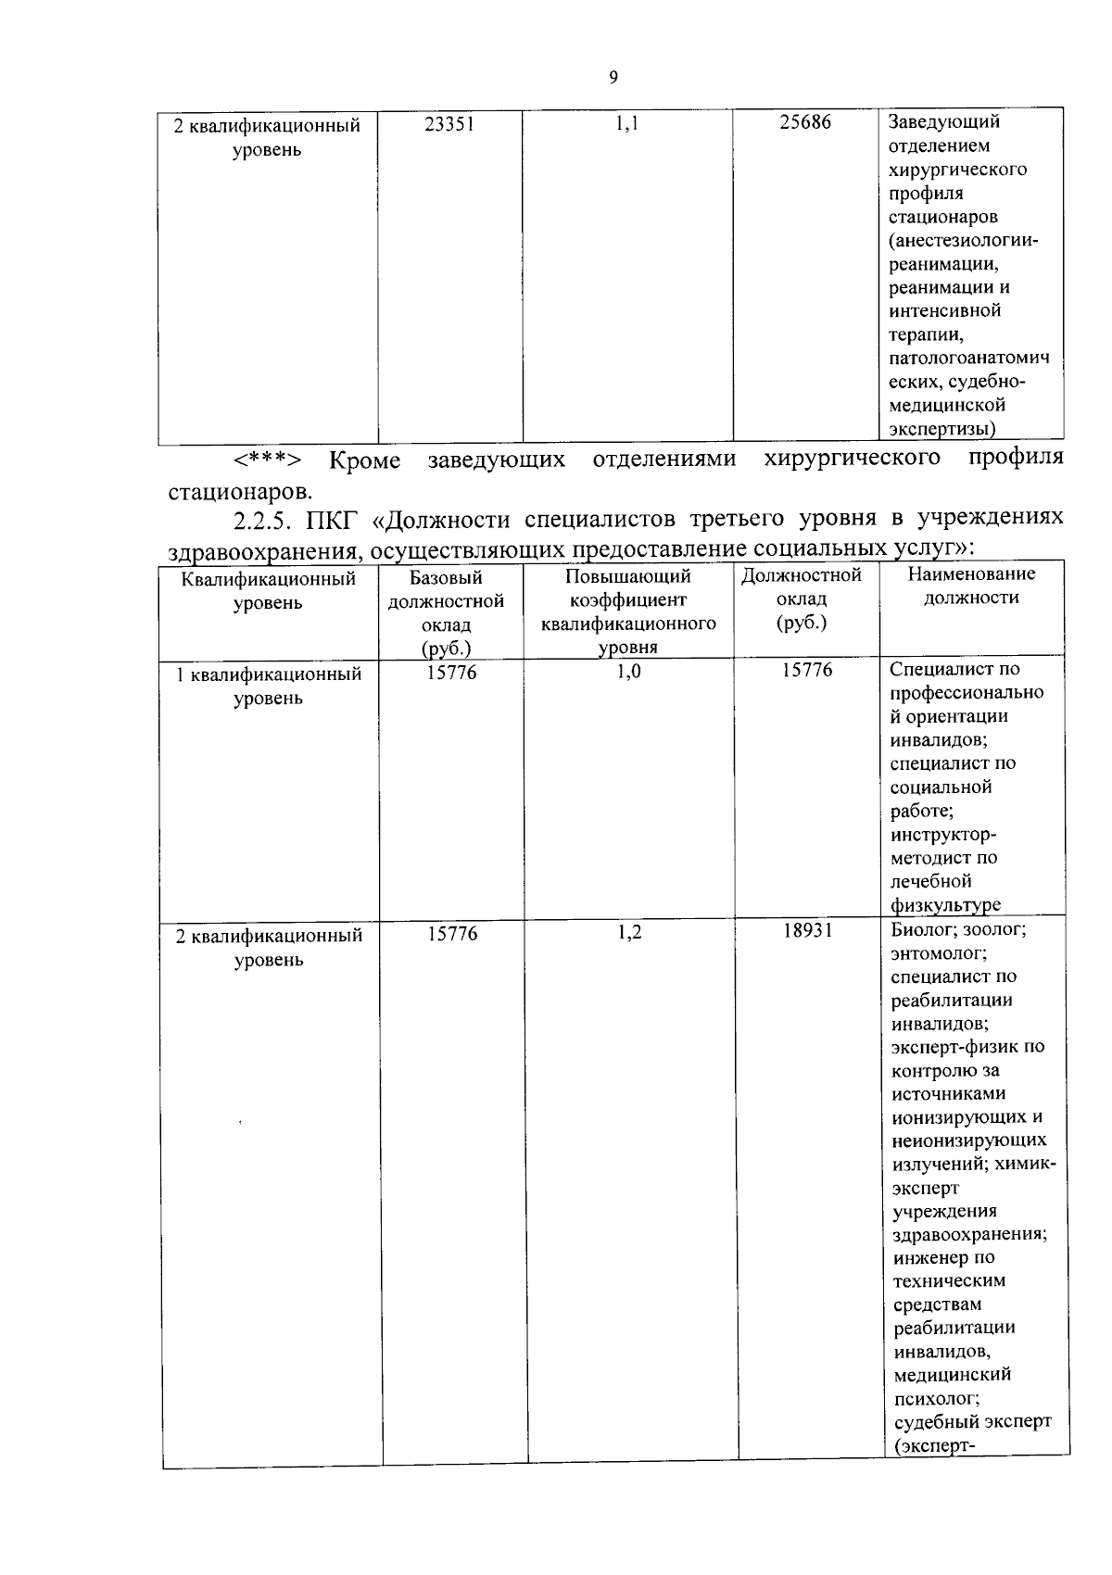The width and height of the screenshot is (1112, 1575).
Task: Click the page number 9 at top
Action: (x=613, y=78)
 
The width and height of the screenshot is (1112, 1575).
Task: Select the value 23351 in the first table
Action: (x=449, y=122)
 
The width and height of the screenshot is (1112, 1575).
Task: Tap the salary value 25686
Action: (x=804, y=122)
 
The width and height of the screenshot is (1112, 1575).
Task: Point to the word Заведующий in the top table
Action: (x=943, y=121)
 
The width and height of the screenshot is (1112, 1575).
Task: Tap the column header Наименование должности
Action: (x=971, y=586)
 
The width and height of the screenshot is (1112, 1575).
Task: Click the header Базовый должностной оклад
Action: (x=446, y=611)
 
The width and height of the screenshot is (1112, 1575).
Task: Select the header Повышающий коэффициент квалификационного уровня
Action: (x=627, y=611)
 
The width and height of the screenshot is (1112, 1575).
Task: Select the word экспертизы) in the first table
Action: (x=941, y=428)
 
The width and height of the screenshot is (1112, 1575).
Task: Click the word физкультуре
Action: (x=945, y=904)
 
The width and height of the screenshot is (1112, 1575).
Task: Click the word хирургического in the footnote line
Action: (x=853, y=458)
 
